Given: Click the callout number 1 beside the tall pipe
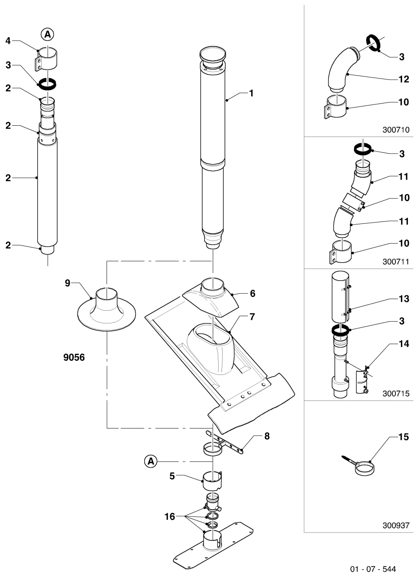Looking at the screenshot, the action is coord(251,93).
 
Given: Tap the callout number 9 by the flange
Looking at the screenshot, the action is coord(67,283).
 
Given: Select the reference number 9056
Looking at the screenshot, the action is coord(74,357).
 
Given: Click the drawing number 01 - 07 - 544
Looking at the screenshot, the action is coord(373,569).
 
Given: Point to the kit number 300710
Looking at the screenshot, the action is coord(396,130).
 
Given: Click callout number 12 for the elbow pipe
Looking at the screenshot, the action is coord(404,79).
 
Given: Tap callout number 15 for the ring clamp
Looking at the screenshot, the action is coord(404,437).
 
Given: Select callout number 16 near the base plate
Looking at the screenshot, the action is coord(170,517).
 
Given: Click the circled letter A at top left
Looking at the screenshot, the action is coord(48,34).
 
